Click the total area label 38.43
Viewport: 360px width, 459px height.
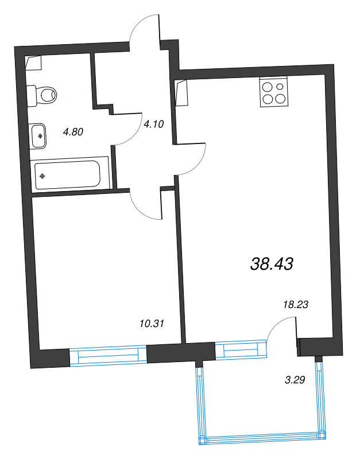pos(272,263)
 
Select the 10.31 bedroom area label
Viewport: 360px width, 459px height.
pos(152,324)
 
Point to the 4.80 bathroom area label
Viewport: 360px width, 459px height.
pos(73,132)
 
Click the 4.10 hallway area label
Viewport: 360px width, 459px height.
pos(154,122)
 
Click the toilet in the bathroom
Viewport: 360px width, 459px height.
pos(44,93)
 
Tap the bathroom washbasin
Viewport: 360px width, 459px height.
pos(38,136)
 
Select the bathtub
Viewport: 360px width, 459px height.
pos(68,174)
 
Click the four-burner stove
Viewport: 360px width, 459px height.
pos(273,92)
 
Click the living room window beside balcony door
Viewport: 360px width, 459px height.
pos(241,349)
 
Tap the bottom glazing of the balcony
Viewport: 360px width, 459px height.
pos(260,441)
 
